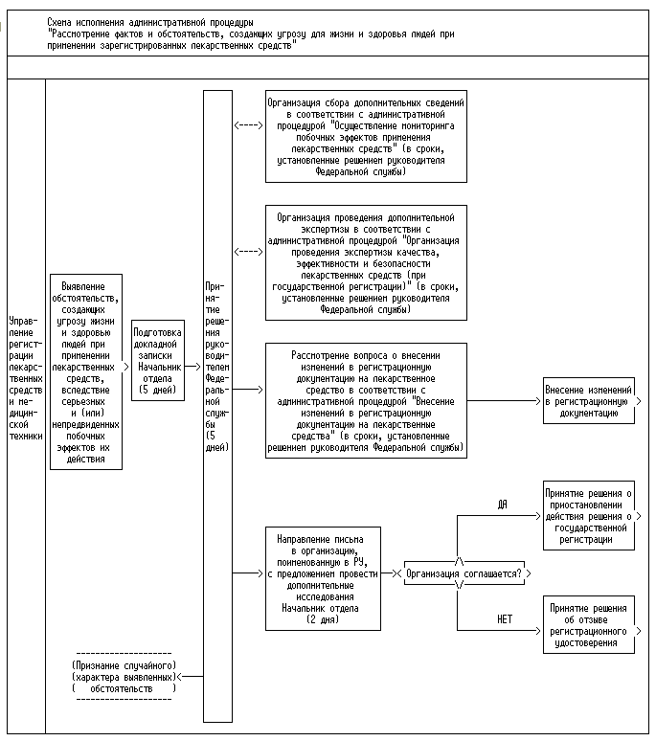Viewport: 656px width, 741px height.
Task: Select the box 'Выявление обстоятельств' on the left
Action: (86, 370)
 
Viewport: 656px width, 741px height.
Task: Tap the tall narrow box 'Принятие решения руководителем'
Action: (218, 405)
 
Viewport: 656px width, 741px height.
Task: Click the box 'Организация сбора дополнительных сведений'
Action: (365, 136)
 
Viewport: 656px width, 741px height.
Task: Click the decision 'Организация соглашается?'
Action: (464, 573)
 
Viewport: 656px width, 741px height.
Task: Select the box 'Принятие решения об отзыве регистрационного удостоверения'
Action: (588, 624)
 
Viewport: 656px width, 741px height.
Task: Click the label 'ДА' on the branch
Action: (502, 504)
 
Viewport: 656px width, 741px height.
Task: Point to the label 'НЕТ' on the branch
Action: (504, 619)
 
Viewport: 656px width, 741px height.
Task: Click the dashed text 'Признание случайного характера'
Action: (124, 676)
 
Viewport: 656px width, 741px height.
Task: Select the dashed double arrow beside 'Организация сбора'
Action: (248, 124)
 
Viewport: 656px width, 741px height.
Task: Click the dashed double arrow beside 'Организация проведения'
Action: (248, 252)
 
